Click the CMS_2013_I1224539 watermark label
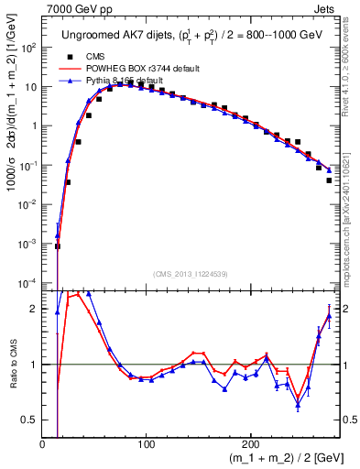(190, 273)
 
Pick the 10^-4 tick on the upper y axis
(29, 282)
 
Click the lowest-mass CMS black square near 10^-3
(58, 245)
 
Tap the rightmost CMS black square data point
(329, 180)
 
